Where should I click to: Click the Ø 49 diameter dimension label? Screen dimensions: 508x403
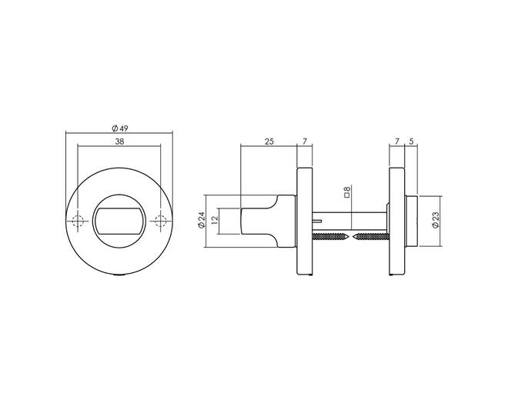120,128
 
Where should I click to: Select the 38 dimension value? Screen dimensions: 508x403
119,142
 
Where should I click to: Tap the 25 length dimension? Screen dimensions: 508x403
269,142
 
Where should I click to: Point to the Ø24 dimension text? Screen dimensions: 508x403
202,220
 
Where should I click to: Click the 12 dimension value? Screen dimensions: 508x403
213,221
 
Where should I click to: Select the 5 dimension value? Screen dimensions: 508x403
412,142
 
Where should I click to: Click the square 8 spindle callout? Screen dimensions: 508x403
347,192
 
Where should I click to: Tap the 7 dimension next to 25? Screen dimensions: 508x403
305,142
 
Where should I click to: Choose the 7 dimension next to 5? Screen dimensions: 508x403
396,142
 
